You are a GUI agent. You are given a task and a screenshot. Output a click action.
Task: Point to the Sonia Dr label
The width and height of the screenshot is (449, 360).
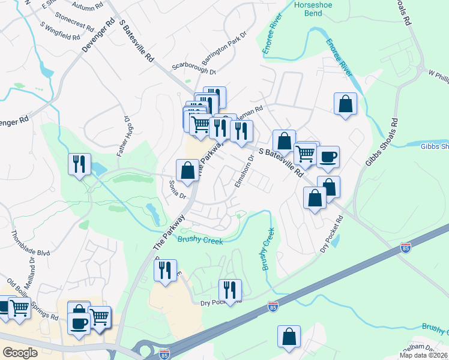(x=178, y=189)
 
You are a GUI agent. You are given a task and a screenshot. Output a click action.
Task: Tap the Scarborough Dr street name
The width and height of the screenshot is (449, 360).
(x=193, y=68)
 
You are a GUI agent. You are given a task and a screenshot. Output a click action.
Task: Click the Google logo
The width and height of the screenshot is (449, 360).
(x=20, y=352)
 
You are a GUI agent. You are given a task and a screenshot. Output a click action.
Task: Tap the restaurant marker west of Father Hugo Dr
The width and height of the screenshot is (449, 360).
(x=79, y=164)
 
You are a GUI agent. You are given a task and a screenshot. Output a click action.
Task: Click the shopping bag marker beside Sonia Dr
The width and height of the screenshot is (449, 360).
(x=187, y=170)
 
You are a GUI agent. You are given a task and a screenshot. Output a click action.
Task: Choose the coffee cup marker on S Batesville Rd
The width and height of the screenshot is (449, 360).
(x=328, y=158)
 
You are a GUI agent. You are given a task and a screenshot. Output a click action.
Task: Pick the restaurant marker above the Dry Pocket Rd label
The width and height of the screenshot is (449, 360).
(x=229, y=290)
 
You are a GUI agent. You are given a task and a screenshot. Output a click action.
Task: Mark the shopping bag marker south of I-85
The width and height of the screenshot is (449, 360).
(x=289, y=337)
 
